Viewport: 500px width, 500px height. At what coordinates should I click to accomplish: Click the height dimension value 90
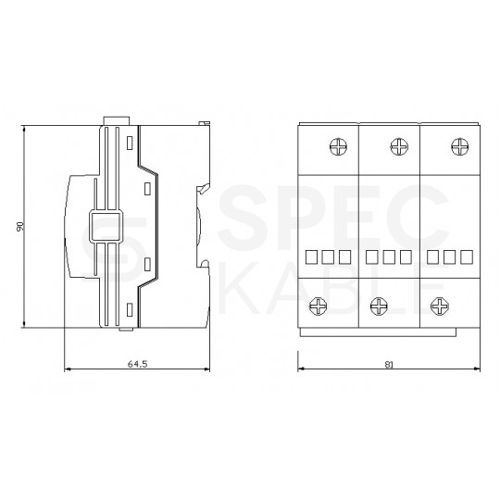(x=19, y=225)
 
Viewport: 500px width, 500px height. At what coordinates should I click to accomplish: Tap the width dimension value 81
(x=389, y=364)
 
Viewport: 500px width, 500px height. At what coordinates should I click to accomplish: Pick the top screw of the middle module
(x=398, y=145)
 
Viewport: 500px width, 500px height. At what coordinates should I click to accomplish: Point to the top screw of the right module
(x=456, y=145)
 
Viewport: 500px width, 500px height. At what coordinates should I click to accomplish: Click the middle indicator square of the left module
(x=329, y=255)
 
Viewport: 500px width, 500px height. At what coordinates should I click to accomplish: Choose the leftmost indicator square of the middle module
(x=373, y=255)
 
